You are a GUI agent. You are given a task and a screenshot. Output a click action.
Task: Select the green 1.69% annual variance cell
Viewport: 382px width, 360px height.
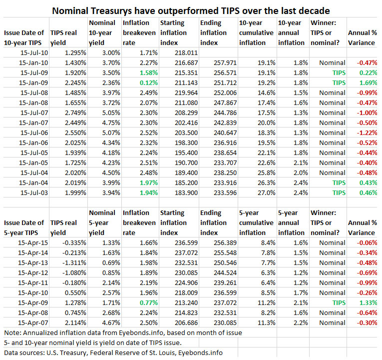coord(368,82)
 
